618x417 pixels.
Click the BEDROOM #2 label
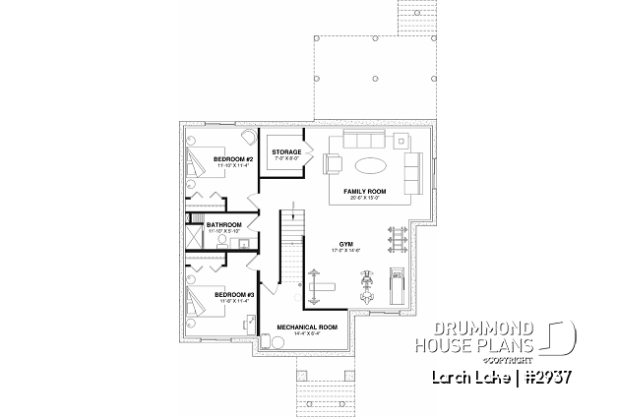[234, 158]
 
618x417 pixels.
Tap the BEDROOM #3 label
[234, 294]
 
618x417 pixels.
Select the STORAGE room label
[286, 152]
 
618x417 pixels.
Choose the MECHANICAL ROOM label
[307, 326]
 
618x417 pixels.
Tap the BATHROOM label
[224, 225]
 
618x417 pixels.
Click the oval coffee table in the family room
[370, 163]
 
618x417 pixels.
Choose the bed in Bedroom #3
[202, 294]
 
